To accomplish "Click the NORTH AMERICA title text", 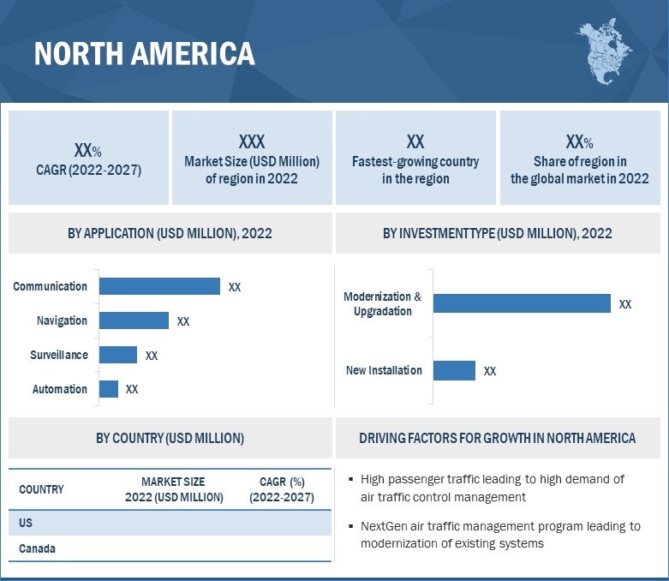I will (x=144, y=54).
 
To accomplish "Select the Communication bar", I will (x=159, y=286).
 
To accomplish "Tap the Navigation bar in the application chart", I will (x=134, y=320).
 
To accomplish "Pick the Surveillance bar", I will (x=118, y=355).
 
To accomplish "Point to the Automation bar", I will (x=109, y=389).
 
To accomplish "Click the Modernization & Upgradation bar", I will (x=522, y=303).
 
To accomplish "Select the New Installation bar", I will (x=454, y=370).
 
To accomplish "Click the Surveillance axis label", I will (x=59, y=355).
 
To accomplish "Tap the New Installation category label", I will (x=384, y=370).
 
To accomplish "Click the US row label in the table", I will (x=27, y=522).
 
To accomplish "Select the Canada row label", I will (x=37, y=548).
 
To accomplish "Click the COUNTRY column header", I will (x=41, y=489).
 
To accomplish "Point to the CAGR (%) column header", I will (x=282, y=489).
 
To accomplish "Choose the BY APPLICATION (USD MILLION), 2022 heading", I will (x=170, y=233).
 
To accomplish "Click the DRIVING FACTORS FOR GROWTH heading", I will (x=497, y=438).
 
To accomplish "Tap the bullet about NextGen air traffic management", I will (x=500, y=535).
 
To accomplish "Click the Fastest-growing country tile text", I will (x=415, y=170).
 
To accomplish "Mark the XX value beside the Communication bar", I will (x=235, y=287).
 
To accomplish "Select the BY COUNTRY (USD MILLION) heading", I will (x=170, y=438).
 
